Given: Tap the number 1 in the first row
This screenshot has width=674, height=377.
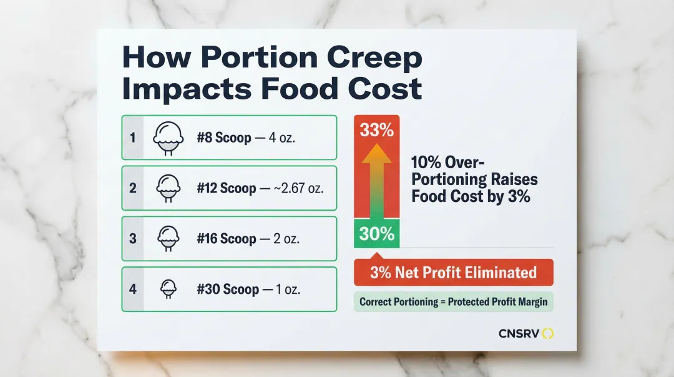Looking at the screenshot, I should [132, 137].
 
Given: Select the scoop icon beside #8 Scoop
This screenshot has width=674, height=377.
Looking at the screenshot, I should [167, 138].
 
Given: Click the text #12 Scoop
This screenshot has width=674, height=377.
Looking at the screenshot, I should [226, 188].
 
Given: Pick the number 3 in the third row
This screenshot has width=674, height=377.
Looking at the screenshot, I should [132, 238].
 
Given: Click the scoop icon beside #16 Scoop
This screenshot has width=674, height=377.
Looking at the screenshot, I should [167, 238].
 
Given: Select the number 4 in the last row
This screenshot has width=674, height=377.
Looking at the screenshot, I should [132, 289].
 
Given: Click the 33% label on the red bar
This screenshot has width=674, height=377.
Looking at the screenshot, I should [376, 131].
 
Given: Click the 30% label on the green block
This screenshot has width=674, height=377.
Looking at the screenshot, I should [376, 234].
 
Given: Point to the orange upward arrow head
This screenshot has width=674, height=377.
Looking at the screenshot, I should [376, 154].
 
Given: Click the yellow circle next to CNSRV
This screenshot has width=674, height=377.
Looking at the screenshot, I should [548, 333].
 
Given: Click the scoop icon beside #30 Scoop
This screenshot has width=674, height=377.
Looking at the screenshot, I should [167, 289].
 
